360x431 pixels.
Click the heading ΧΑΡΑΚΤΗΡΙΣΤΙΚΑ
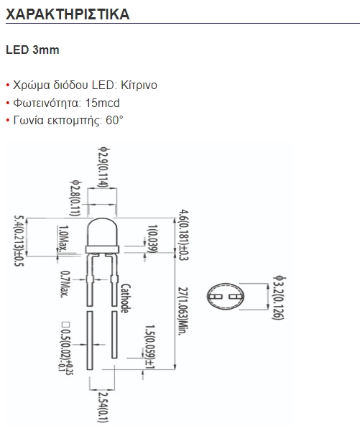(x=68, y=14)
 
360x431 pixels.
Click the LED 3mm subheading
(x=32, y=50)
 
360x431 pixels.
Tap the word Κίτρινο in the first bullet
(x=139, y=85)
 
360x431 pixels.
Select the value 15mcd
(x=102, y=103)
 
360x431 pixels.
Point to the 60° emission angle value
(x=114, y=121)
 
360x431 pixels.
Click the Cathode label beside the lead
(x=126, y=299)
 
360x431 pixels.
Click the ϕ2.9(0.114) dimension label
(x=104, y=167)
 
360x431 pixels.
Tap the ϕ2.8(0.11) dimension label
(x=75, y=198)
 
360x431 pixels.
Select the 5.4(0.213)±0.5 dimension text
(x=19, y=241)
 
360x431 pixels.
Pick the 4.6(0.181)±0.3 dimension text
(x=183, y=235)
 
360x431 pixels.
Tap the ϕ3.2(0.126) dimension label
(x=278, y=298)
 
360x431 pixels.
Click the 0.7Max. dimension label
(x=65, y=284)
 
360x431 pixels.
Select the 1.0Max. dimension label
(x=63, y=238)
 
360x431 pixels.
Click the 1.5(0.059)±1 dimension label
(x=150, y=347)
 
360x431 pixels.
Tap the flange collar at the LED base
(x=102, y=249)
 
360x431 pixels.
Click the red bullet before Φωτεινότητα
(x=8, y=103)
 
